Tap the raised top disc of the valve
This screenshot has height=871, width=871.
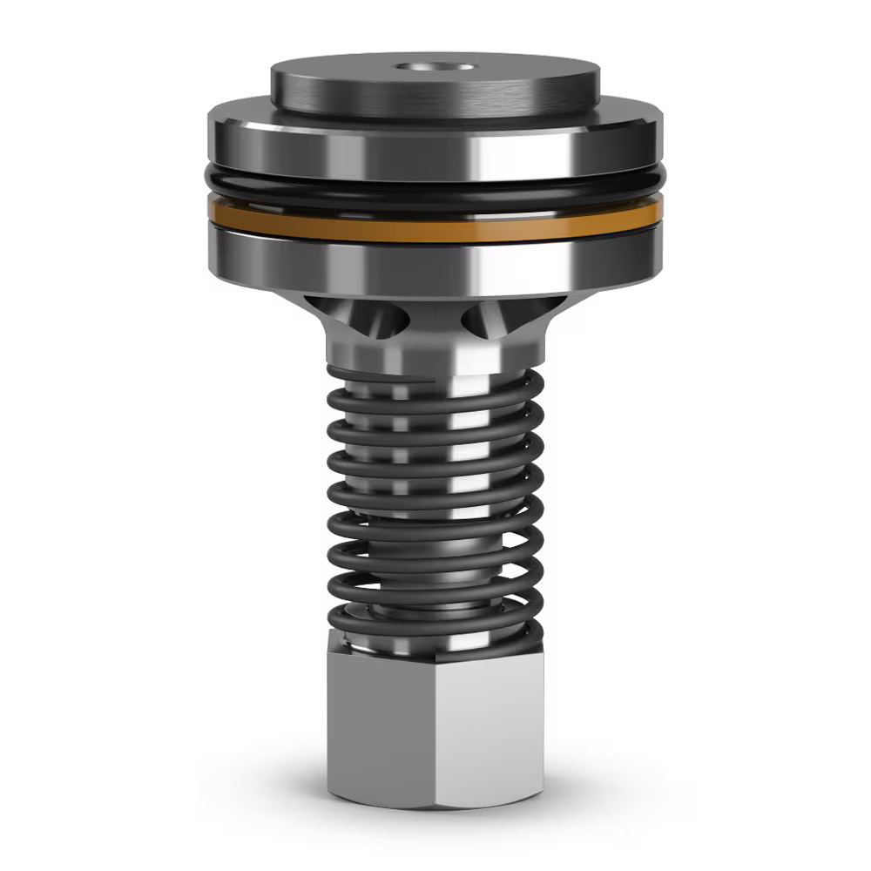coord(348,83)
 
